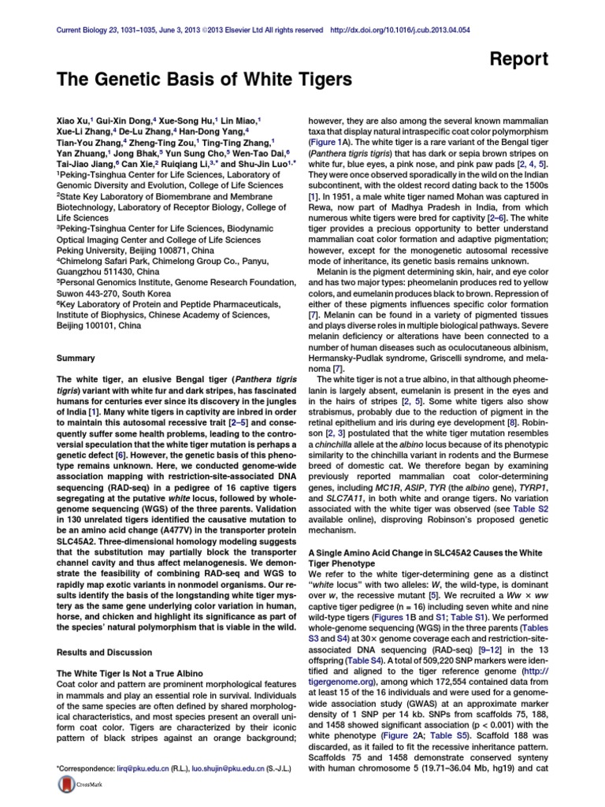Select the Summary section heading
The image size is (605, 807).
(x=76, y=358)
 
